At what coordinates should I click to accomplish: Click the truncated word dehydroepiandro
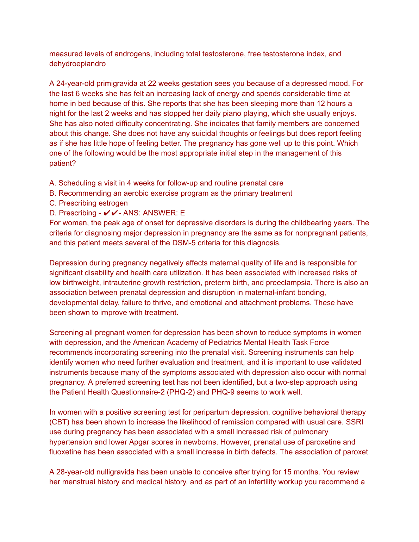(77, 64)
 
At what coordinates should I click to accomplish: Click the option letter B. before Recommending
(53, 193)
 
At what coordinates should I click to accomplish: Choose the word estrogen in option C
(113, 203)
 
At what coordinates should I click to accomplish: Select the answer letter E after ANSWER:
(182, 213)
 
